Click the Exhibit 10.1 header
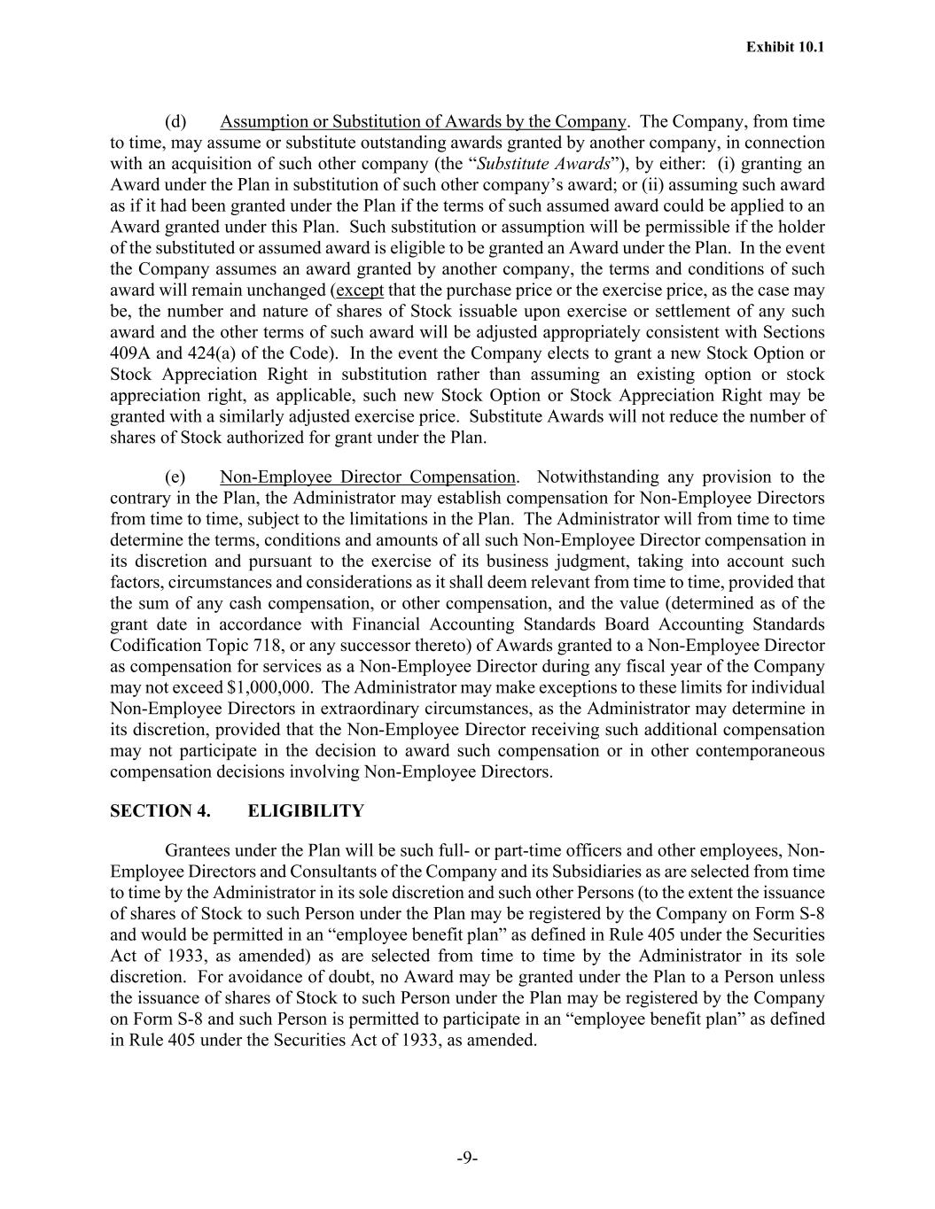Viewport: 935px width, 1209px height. click(785, 47)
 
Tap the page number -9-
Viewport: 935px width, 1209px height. click(467, 1157)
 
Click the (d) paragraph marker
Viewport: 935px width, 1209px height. click(175, 121)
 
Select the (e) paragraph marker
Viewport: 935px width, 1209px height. click(175, 477)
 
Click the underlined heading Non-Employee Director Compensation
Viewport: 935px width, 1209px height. click(367, 477)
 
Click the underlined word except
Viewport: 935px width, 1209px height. click(360, 291)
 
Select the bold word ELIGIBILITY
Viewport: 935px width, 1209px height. click(306, 811)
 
